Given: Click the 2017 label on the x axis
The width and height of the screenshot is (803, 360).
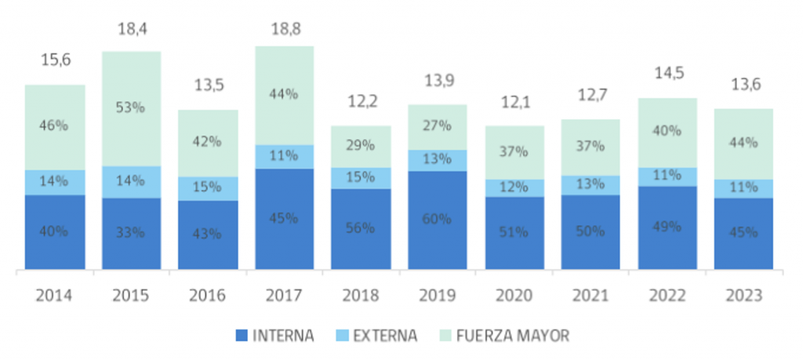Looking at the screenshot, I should pos(285,296).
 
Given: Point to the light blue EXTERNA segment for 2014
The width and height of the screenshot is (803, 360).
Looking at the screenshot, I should pos(55,182).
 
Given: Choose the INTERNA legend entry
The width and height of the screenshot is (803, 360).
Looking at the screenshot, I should pos(274,336).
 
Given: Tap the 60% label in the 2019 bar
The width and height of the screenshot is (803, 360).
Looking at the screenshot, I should pos(438,219).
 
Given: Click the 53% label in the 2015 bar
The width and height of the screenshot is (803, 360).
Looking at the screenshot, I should pos(131,108).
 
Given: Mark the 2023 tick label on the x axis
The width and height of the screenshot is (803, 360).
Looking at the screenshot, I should pos(744,296).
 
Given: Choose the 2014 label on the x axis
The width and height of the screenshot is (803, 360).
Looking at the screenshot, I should pos(55,296).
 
